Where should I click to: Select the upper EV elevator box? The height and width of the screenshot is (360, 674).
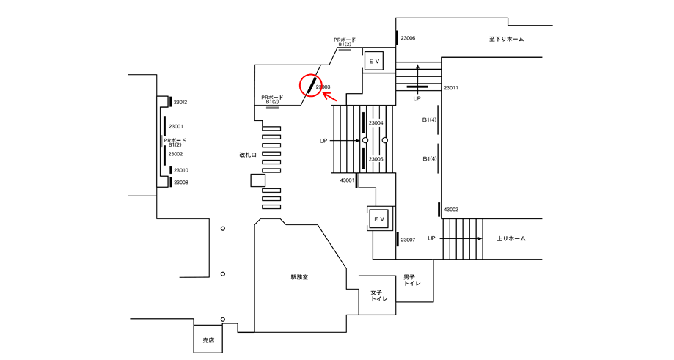pos(373,61)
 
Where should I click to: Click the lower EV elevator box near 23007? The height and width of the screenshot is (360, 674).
pos(378,219)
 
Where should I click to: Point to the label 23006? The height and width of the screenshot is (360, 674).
pos(408,38)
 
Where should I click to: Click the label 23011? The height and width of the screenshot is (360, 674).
pos(451,88)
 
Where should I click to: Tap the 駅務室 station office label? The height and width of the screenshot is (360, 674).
pos(299,277)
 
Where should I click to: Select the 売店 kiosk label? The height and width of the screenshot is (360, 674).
pos(208,339)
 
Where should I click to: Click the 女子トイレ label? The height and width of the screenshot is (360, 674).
pos(379,295)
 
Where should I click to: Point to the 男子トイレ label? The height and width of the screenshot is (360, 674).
pos(411,281)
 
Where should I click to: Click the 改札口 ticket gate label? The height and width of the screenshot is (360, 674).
pos(248,155)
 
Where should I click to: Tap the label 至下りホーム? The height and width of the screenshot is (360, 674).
pos(506,39)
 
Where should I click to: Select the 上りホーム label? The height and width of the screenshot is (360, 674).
pos(511,238)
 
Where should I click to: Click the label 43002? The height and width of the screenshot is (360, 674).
pos(451,210)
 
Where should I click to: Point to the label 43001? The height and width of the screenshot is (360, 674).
pos(348,180)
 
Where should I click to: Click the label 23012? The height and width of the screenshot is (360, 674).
pos(180,102)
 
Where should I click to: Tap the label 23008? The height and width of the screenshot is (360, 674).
pos(181,182)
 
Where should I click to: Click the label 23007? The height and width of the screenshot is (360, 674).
pos(408,240)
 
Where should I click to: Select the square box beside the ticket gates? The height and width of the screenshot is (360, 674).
pos(258,180)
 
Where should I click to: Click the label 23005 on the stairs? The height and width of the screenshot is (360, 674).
pos(376,159)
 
